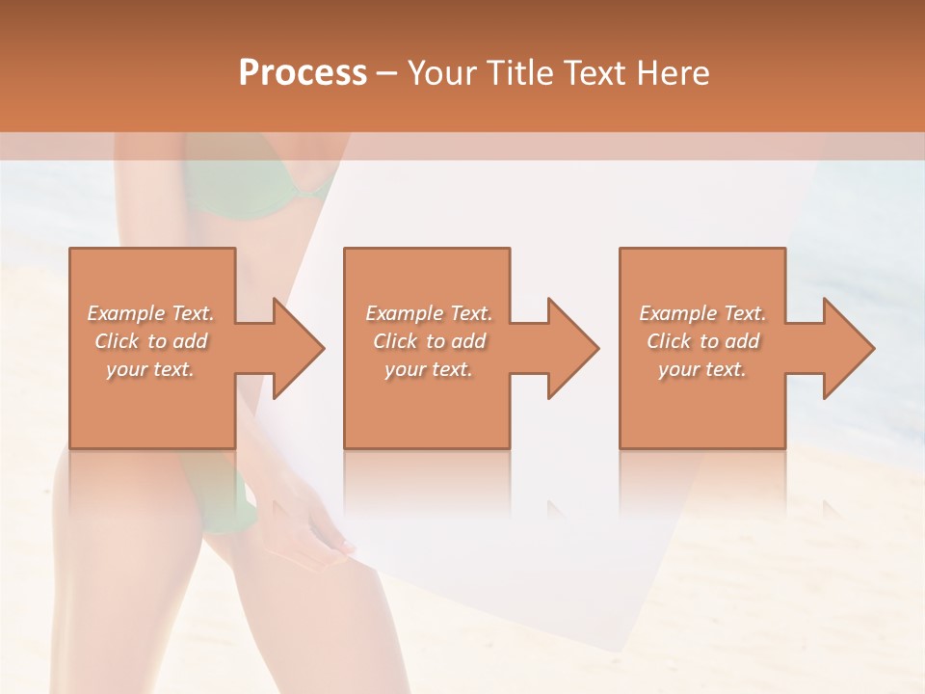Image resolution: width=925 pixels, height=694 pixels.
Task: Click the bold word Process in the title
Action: pyautogui.click(x=303, y=73)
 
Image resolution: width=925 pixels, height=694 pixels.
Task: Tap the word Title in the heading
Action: pyautogui.click(x=520, y=73)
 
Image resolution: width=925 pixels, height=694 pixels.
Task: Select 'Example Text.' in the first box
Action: pyautogui.click(x=150, y=313)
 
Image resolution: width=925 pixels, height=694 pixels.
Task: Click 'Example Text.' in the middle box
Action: pyautogui.click(x=429, y=313)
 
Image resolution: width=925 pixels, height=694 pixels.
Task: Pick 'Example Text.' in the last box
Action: pyautogui.click(x=702, y=313)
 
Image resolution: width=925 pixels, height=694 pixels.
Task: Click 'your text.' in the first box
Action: pyautogui.click(x=150, y=369)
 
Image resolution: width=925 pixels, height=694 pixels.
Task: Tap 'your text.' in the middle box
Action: pyautogui.click(x=429, y=369)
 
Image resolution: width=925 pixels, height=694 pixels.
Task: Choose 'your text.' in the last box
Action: pyautogui.click(x=702, y=369)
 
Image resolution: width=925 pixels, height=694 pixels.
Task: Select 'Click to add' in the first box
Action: pyautogui.click(x=150, y=341)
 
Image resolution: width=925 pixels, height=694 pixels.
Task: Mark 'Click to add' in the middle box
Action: pyautogui.click(x=429, y=341)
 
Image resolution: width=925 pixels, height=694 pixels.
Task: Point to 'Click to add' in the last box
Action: pyautogui.click(x=702, y=341)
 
